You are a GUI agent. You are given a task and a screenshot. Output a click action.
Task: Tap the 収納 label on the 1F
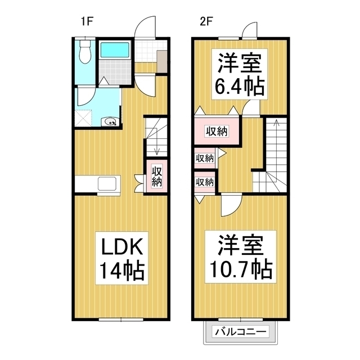click(157, 176)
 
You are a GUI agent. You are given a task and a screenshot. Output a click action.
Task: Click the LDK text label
click(123, 248)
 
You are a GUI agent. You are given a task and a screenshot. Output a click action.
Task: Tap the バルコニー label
click(238, 332)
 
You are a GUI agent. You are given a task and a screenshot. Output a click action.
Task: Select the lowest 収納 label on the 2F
click(205, 182)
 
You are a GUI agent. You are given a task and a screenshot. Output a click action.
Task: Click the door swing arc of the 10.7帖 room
click(231, 204)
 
